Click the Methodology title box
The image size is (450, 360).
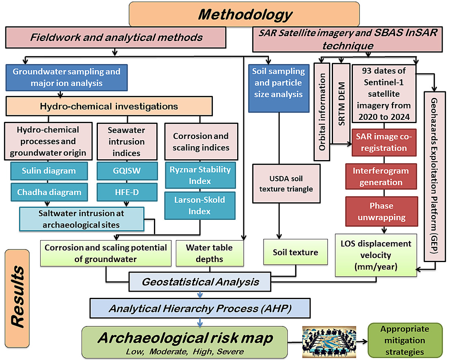[x=244, y=14]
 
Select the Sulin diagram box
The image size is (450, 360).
[x=49, y=171]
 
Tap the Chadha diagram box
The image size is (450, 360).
[x=49, y=192]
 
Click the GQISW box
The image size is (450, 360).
[x=127, y=171]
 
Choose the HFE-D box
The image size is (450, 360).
[x=127, y=192]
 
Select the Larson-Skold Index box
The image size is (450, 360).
[x=200, y=205]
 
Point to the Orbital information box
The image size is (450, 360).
[x=322, y=111]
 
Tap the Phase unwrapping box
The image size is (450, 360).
[x=381, y=212]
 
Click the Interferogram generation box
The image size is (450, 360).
[x=381, y=176]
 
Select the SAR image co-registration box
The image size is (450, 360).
[x=384, y=143]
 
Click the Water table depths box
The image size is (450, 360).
[x=209, y=253]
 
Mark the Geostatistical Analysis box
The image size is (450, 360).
[x=200, y=282]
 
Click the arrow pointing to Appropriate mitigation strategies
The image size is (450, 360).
[x=362, y=340]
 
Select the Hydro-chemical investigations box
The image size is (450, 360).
[x=109, y=106]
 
